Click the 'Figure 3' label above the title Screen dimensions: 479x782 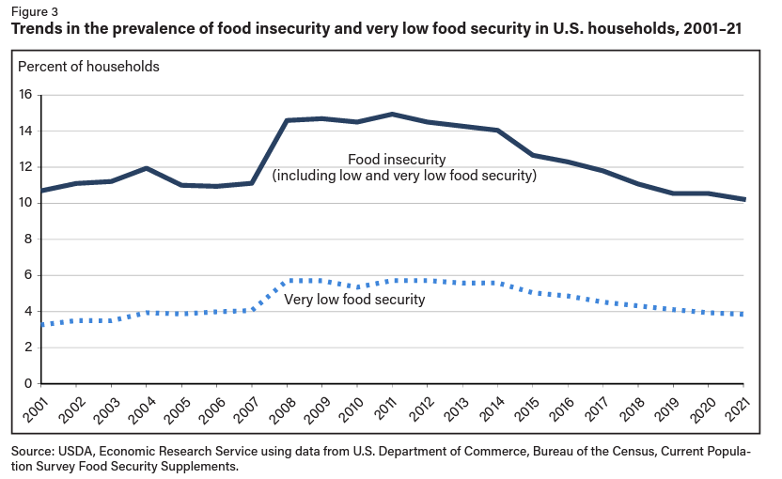34,11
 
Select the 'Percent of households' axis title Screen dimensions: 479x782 88,67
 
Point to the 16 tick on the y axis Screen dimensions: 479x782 25,95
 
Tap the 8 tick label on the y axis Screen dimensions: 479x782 28,239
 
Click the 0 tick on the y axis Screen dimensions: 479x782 28,383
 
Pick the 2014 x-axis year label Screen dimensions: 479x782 497,409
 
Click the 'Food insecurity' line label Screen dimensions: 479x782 397,159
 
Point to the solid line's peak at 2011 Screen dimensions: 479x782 392,114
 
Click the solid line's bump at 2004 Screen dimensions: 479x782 146,168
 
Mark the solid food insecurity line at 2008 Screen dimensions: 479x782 287,120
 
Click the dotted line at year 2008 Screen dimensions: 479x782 287,281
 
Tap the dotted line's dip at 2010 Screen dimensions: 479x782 357,287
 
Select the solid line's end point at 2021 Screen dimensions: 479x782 743,199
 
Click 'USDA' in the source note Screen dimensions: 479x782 78,452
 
